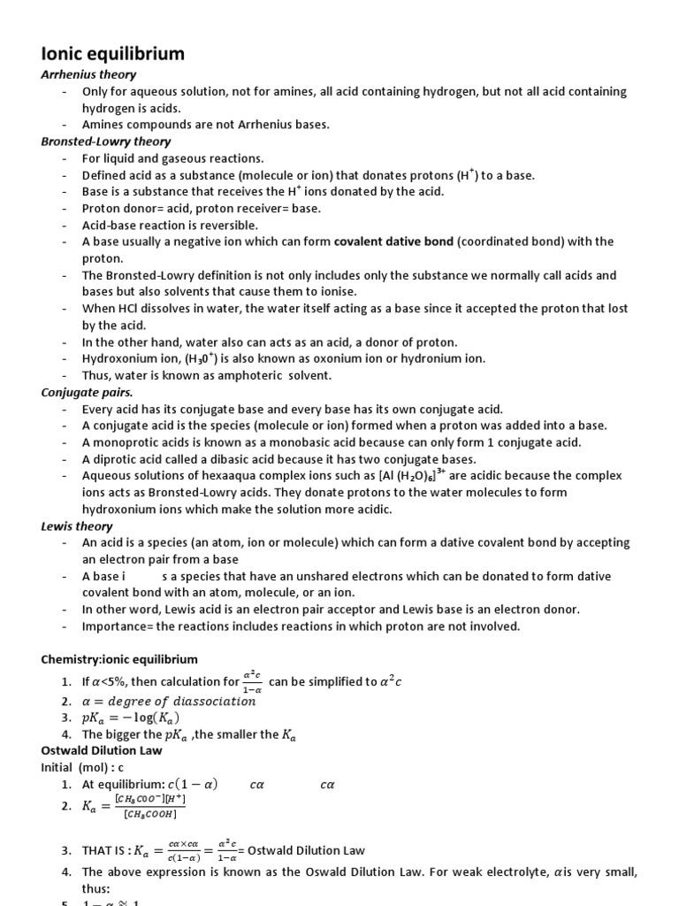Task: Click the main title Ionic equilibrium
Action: tap(113, 54)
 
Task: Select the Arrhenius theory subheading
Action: tap(88, 74)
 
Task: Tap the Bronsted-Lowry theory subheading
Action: tap(106, 141)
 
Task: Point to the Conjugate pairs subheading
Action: tap(88, 392)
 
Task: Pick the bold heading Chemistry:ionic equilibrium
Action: tap(119, 659)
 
